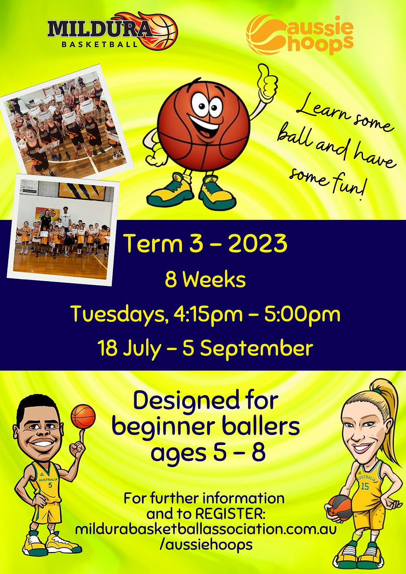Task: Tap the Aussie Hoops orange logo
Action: click(300, 35)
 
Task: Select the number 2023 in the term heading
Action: click(257, 244)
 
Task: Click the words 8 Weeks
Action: click(205, 280)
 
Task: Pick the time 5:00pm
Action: click(302, 315)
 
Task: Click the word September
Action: click(256, 349)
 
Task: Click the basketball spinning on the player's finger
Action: click(83, 417)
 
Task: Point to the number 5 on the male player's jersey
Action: click(50, 485)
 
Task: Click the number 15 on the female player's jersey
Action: click(365, 486)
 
